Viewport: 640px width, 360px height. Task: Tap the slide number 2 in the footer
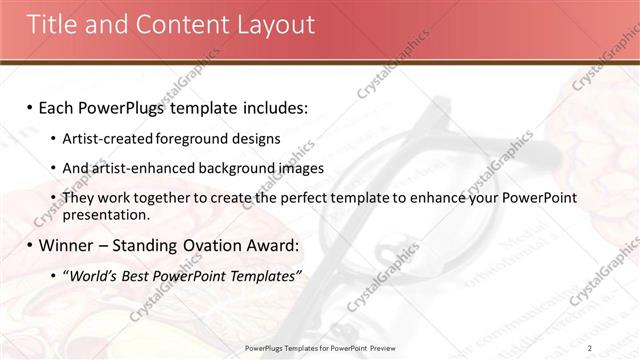pos(590,347)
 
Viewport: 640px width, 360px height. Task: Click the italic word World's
pos(93,276)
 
